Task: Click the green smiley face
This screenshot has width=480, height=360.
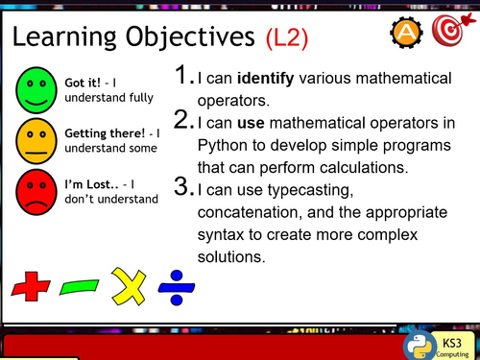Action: pyautogui.click(x=37, y=88)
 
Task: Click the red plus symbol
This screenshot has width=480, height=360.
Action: pyautogui.click(x=31, y=285)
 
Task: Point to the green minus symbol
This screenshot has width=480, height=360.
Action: pyautogui.click(x=78, y=286)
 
